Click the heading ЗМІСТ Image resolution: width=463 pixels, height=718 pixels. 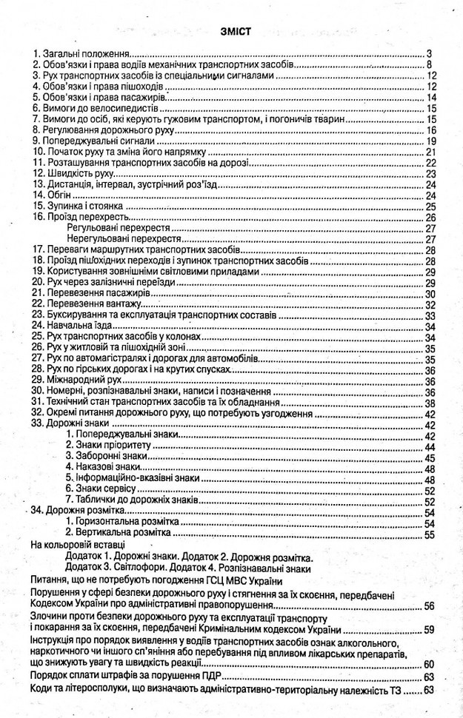(x=231, y=30)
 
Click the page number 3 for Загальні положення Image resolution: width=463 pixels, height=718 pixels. (x=429, y=54)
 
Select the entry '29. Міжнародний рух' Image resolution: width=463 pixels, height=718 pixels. (x=71, y=380)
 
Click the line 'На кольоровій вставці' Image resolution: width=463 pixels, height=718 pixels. (x=76, y=546)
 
